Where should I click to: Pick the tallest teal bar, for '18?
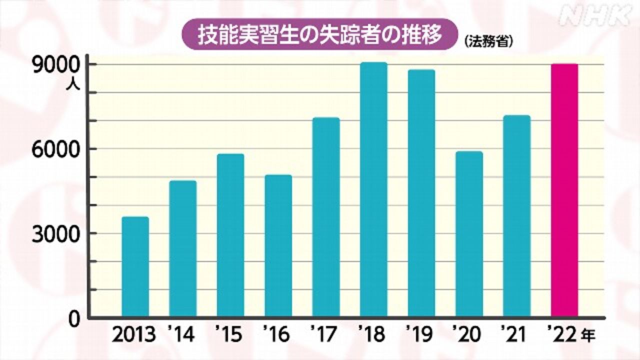(373, 189)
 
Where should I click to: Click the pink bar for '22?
(564, 190)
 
